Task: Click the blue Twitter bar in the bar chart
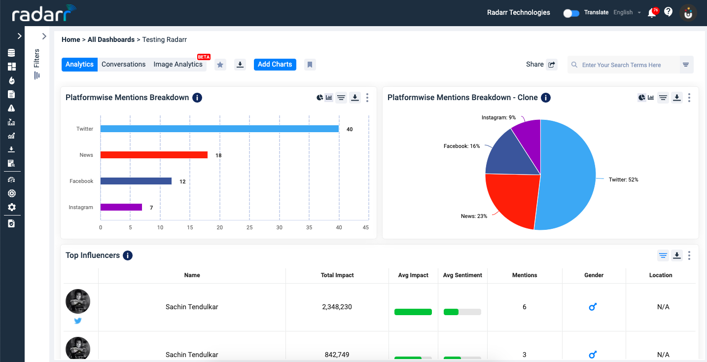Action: coord(219,129)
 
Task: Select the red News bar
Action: coord(154,155)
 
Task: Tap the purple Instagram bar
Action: coord(121,207)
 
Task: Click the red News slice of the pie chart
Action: coord(510,199)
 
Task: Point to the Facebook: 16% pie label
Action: coord(461,146)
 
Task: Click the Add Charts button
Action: coord(275,65)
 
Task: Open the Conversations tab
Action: coord(123,65)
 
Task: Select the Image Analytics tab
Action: coord(177,65)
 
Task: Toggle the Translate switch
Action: coord(571,13)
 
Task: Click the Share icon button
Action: coord(552,65)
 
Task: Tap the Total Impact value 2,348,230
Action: coord(337,307)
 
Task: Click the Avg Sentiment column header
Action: coord(462,275)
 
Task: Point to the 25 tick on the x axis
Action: coord(249,227)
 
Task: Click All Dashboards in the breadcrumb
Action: coord(111,39)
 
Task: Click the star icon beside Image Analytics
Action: coord(220,65)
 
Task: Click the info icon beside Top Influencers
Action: coord(128,255)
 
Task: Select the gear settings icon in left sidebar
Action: coord(12,207)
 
